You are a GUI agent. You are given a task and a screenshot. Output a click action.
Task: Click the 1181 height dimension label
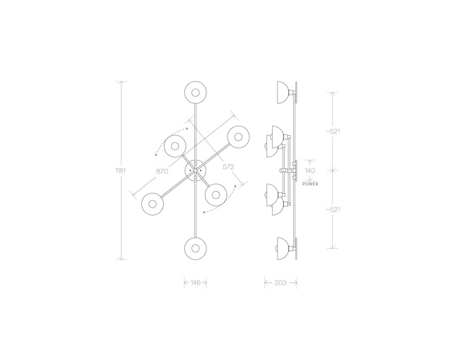[121, 170]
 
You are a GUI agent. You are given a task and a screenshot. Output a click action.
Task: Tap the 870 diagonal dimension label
[162, 171]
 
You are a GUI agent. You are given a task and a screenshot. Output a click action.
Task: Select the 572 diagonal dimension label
[228, 167]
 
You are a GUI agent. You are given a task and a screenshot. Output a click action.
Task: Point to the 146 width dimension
[196, 282]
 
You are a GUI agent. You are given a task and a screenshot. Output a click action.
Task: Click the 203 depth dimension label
[280, 282]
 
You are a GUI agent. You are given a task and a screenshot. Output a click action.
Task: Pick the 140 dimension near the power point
[310, 170]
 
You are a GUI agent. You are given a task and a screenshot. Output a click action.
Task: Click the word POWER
[310, 184]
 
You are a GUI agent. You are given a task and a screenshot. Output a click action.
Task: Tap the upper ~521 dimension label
[333, 132]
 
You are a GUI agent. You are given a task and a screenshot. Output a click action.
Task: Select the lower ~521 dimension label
[333, 209]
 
